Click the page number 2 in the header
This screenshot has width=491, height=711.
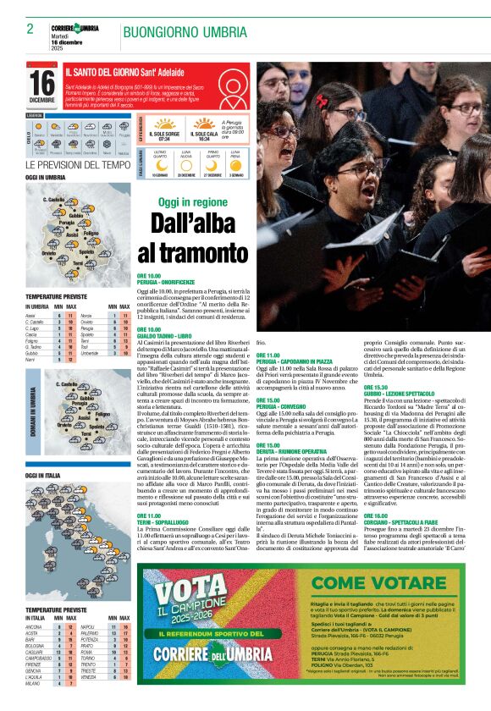tap(30, 29)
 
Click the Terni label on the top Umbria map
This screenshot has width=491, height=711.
tap(77, 263)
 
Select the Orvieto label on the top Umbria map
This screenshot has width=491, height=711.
tap(49, 252)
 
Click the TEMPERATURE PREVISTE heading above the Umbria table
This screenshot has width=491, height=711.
tap(56, 297)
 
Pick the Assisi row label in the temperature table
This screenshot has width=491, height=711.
tap(30, 315)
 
